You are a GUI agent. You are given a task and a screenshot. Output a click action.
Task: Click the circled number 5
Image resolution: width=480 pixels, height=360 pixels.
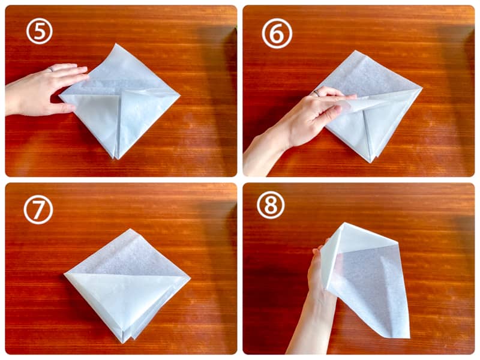pyautogui.click(x=40, y=31)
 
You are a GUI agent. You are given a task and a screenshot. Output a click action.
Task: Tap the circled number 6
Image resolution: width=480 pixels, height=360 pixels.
pyautogui.click(x=277, y=34)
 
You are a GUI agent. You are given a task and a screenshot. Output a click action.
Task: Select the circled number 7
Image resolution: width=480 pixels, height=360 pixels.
pyautogui.click(x=38, y=209)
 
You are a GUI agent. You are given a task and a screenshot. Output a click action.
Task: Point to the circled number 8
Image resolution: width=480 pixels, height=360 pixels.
pyautogui.click(x=271, y=205)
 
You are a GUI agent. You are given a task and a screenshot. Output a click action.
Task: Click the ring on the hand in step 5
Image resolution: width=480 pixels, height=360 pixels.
pyautogui.click(x=50, y=70)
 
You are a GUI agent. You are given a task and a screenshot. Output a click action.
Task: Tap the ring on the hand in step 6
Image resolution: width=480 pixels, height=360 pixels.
pyautogui.click(x=317, y=93)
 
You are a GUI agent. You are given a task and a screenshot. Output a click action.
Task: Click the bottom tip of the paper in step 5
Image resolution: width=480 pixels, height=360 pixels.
pyautogui.click(x=116, y=159)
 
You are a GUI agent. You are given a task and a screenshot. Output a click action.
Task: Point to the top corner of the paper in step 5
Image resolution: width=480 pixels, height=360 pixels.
pyautogui.click(x=115, y=44)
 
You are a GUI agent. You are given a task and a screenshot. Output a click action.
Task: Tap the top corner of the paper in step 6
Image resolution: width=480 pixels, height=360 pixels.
pyautogui.click(x=363, y=51)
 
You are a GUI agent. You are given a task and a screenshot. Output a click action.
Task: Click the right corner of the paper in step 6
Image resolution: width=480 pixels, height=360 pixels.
pyautogui.click(x=422, y=88)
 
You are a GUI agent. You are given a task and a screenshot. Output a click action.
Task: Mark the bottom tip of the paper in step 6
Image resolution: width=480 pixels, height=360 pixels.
pyautogui.click(x=371, y=162)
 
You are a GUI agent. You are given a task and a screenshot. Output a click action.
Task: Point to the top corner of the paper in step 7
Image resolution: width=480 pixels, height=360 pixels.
pyautogui.click(x=130, y=229)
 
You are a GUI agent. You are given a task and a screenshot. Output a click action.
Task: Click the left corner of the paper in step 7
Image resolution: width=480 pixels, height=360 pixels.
pyautogui.click(x=64, y=274)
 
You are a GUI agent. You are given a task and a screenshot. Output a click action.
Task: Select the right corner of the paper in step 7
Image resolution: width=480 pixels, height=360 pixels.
pyautogui.click(x=190, y=278)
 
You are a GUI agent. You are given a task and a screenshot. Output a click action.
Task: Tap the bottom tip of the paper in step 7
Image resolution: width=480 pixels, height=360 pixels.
pyautogui.click(x=122, y=343)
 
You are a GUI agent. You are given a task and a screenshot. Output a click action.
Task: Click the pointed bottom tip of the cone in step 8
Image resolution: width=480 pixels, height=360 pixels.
pyautogui.click(x=409, y=338)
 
